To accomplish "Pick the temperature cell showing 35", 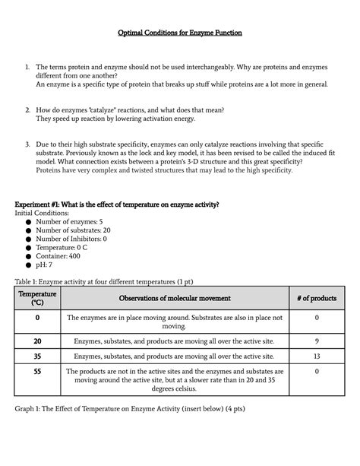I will (37, 356).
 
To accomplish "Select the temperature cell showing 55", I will (37, 371).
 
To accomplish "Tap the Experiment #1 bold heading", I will (117, 204).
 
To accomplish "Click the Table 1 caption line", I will (107, 280).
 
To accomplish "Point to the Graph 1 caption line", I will (129, 409).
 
